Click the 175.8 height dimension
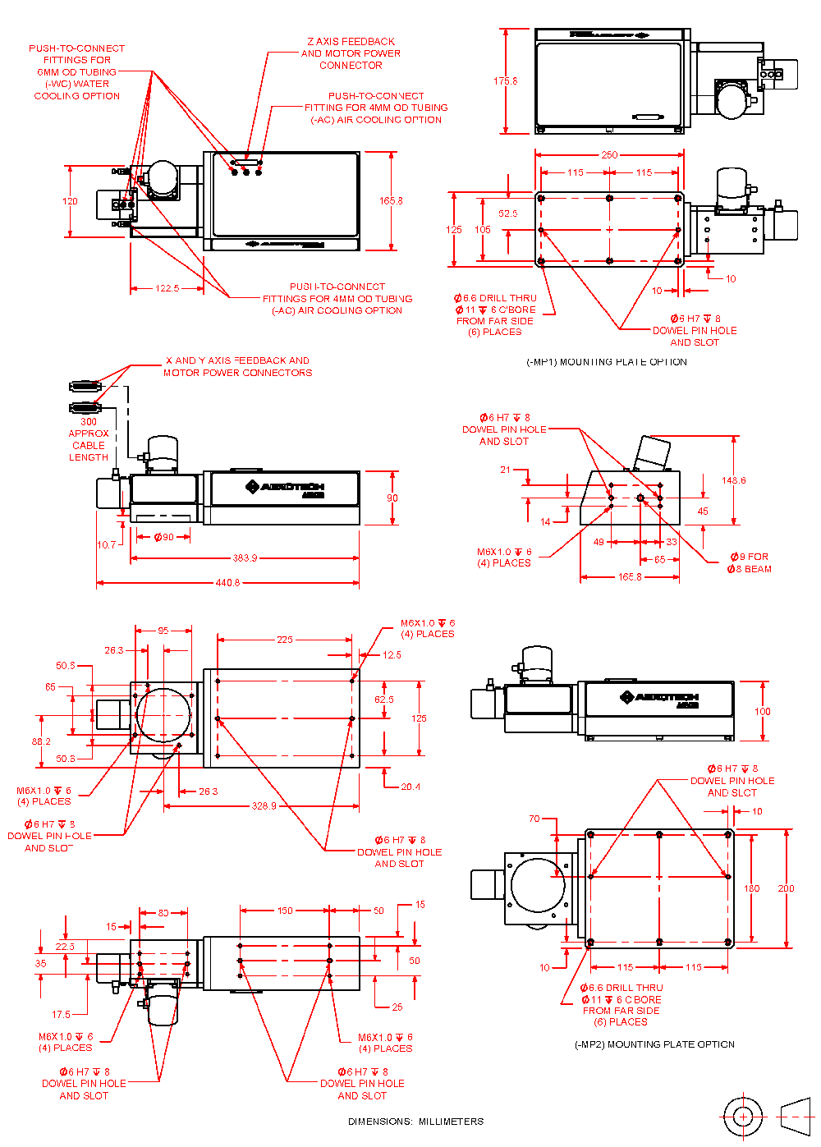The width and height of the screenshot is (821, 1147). click(505, 81)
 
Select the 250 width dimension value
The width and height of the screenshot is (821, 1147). click(609, 154)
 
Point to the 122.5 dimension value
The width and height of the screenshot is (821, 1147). click(167, 288)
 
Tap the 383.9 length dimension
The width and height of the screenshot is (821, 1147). click(245, 558)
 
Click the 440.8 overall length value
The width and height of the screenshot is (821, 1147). click(227, 583)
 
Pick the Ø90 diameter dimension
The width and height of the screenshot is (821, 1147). click(164, 537)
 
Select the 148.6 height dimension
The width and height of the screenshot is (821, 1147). click(733, 480)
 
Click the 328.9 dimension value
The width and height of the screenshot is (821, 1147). click(264, 806)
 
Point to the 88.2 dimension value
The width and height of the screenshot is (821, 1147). click(41, 741)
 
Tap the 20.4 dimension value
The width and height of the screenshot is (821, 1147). click(410, 787)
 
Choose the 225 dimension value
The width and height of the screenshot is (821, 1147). click(284, 640)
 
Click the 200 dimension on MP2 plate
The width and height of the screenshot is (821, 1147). click(786, 888)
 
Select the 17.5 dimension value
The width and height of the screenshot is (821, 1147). click(61, 1015)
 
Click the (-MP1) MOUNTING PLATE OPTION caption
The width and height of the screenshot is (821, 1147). click(607, 362)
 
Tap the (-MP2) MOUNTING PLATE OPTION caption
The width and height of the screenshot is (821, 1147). click(654, 1044)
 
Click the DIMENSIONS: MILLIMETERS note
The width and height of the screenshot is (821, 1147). click(415, 1122)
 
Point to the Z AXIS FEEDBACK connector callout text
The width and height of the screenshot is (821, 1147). click(351, 53)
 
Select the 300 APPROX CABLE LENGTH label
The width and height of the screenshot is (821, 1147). click(89, 439)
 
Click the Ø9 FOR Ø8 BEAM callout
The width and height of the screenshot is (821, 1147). click(749, 562)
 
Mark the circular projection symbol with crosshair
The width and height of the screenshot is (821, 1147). click(743, 1117)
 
